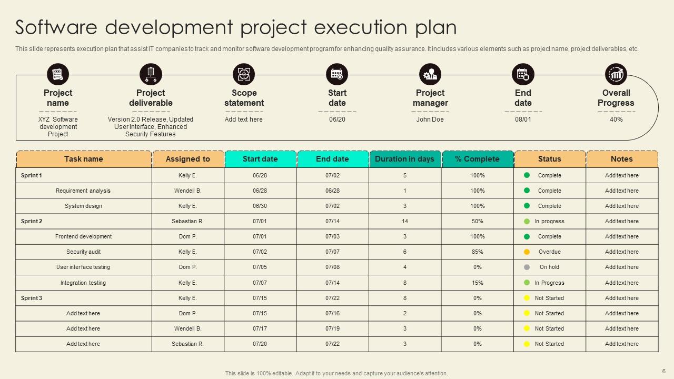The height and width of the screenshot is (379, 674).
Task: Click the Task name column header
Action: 84,159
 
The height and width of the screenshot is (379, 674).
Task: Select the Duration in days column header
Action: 404,159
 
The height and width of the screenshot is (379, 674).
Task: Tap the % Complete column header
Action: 477,159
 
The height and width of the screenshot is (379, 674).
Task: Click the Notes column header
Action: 621,159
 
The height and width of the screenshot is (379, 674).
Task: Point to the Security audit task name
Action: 84,252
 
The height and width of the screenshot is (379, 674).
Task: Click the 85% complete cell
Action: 477,252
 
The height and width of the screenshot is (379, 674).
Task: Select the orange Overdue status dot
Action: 527,252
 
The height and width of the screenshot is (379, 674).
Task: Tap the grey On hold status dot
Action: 527,267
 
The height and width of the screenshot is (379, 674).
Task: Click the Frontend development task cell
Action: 84,237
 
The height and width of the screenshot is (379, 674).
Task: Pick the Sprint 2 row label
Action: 32,222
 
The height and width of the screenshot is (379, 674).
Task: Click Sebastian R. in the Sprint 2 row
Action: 187,222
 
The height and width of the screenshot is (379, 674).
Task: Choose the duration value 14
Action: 404,222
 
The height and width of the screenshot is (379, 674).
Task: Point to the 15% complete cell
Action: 477,283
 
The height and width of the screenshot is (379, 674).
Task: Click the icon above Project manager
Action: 430,75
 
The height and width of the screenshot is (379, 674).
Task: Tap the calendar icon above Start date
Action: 337,75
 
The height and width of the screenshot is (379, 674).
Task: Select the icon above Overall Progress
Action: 616,75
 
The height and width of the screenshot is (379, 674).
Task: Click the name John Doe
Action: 430,119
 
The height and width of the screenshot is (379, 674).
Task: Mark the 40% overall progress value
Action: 616,119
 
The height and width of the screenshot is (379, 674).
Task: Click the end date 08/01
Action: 523,119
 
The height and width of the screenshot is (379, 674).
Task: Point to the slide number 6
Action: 663,371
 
